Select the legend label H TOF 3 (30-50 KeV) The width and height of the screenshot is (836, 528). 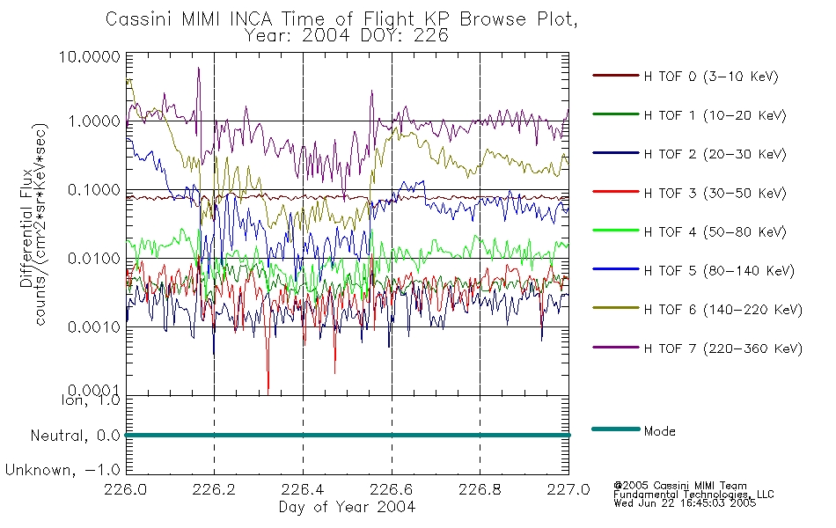tap(715, 193)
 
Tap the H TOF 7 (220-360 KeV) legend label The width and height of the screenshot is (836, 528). tap(723, 348)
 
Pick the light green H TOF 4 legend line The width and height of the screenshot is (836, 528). tap(616, 231)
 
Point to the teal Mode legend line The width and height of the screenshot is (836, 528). tap(616, 429)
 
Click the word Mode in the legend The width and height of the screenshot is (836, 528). tap(659, 431)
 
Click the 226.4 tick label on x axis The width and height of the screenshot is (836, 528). tap(303, 489)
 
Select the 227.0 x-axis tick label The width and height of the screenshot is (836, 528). tap(568, 489)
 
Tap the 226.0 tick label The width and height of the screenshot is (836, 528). tap(125, 489)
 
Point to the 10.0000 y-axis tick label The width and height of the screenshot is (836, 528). tap(89, 56)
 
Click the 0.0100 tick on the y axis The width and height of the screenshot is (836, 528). tap(94, 259)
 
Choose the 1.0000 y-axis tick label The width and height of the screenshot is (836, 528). tap(94, 121)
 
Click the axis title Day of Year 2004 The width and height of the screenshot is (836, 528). tap(347, 507)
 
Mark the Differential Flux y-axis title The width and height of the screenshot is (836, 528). tap(26, 229)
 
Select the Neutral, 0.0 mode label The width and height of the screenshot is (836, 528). tap(75, 436)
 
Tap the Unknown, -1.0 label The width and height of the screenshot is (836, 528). tap(62, 470)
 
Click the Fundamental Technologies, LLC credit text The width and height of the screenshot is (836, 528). tap(693, 495)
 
